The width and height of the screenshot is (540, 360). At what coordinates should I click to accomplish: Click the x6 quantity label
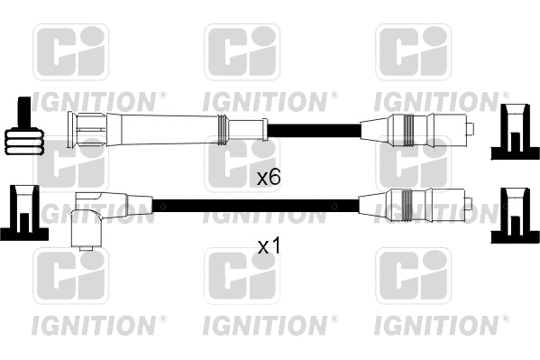(x=269, y=177)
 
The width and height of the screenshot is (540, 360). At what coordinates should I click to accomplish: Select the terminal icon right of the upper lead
(x=514, y=132)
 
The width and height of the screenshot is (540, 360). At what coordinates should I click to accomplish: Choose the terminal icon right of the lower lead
(x=514, y=215)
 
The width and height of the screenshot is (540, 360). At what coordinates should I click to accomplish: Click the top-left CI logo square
(x=70, y=51)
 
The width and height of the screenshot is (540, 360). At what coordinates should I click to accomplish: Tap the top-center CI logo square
(x=242, y=51)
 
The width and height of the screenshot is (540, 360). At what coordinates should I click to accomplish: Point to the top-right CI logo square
(x=413, y=51)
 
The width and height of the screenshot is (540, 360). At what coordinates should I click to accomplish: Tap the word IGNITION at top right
(x=438, y=98)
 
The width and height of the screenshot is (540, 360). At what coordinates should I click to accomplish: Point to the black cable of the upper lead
(x=311, y=128)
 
